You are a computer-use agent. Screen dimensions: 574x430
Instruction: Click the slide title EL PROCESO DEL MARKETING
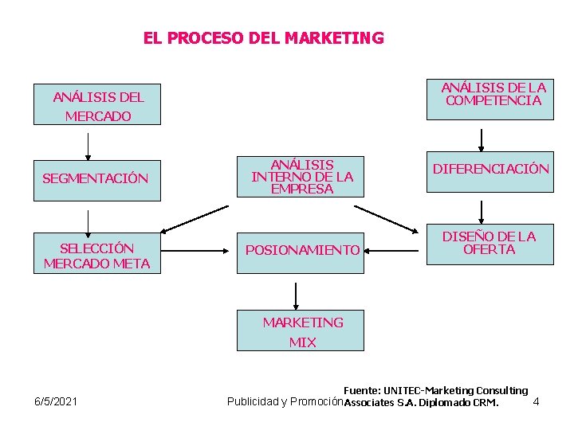263,37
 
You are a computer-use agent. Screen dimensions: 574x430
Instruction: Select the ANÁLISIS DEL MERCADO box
96,104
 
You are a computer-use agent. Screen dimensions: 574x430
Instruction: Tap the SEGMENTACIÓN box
96,178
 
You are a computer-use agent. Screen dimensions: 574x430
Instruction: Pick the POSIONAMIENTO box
301,250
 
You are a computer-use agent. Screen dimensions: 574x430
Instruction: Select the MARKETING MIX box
301,330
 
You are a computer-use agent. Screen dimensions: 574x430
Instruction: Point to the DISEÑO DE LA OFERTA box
489,243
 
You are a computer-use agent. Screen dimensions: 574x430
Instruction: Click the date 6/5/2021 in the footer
56,401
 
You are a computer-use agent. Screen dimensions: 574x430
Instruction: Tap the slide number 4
536,401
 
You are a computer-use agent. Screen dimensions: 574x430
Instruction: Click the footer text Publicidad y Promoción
285,401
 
